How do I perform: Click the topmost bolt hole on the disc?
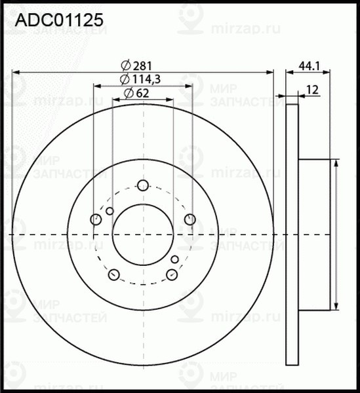[143, 185]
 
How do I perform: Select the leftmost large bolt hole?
[96, 219]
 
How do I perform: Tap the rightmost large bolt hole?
[190, 219]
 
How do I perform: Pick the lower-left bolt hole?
[113, 274]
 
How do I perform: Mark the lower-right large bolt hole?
[172, 274]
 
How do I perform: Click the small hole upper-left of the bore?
[110, 210]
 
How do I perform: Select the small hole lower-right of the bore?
[175, 260]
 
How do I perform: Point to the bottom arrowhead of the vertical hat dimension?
[336, 307]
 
